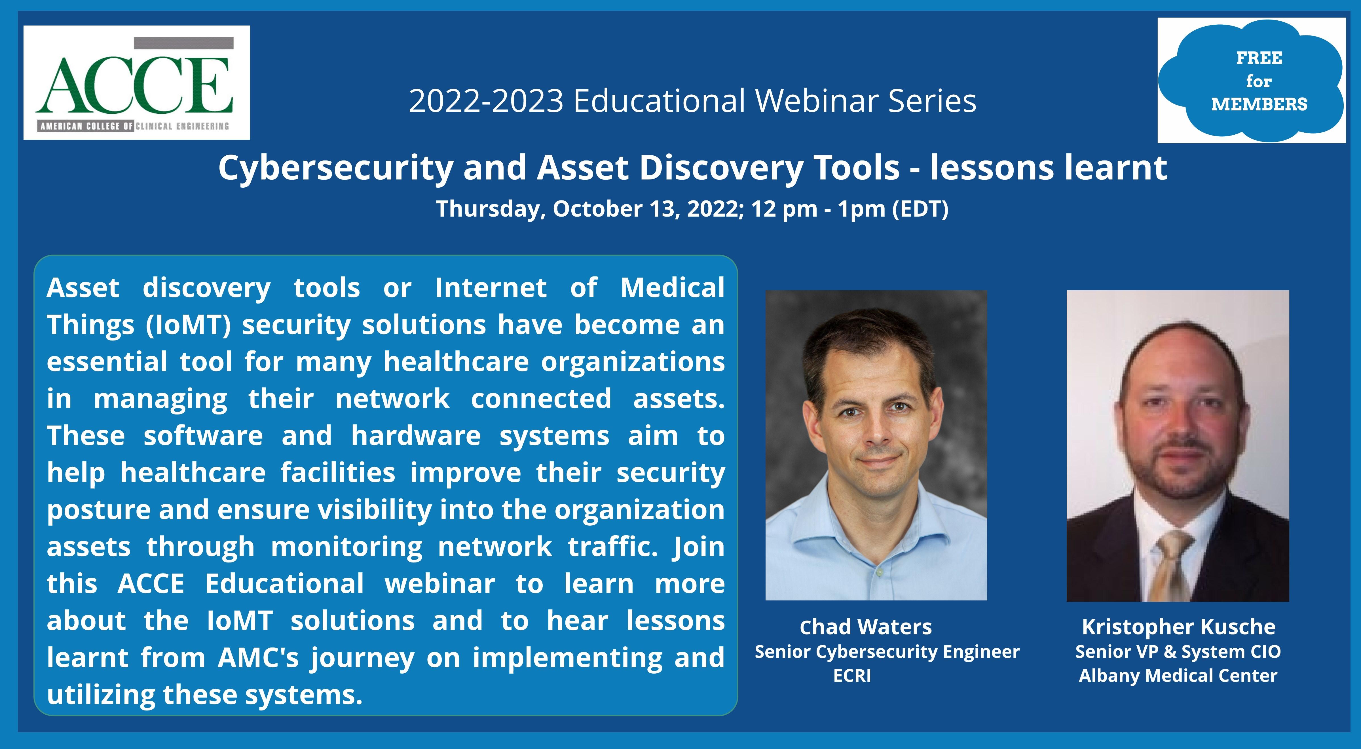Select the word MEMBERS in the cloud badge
[x=1259, y=104]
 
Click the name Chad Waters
[x=865, y=627]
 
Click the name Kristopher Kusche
[x=1179, y=627]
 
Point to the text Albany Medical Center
[x=1178, y=676]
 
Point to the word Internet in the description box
[x=491, y=288]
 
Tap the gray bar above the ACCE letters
[x=184, y=43]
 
